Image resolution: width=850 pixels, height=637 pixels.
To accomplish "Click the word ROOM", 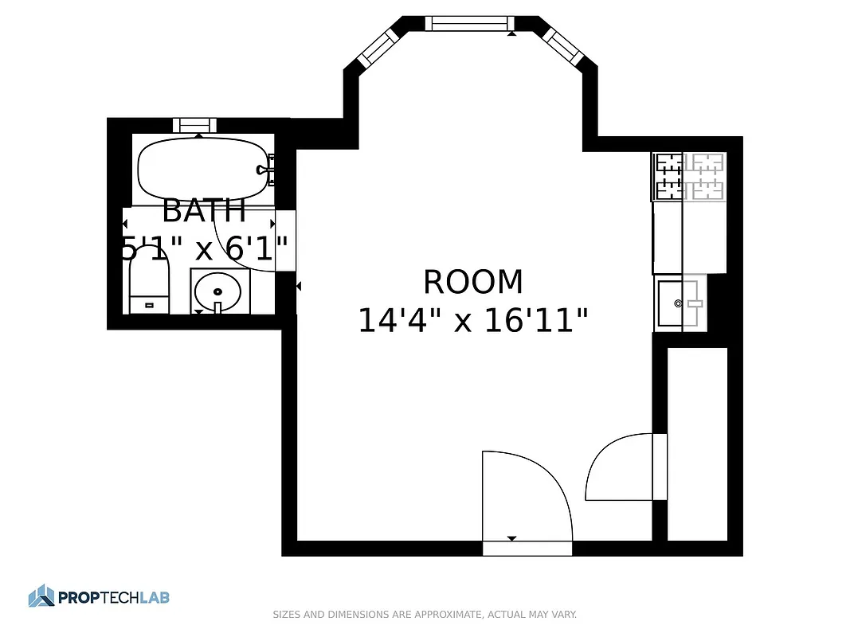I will point(472,283).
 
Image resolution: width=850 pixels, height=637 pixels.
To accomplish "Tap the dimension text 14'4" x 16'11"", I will point(473,322).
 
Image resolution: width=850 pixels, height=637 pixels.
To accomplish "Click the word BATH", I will point(204,212).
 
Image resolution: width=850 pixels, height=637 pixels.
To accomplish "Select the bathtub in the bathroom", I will point(204,168).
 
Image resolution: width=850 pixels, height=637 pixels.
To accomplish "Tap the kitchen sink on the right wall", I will point(680,303).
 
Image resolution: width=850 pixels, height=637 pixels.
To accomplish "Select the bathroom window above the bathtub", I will point(195,125).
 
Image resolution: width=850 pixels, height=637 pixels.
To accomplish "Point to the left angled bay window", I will point(377,49).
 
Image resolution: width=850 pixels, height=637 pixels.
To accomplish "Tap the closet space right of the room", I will point(697,442).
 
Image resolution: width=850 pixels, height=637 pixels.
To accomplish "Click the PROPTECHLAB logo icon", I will point(41,596).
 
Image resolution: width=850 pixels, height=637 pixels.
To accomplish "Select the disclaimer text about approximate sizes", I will point(425,615).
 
